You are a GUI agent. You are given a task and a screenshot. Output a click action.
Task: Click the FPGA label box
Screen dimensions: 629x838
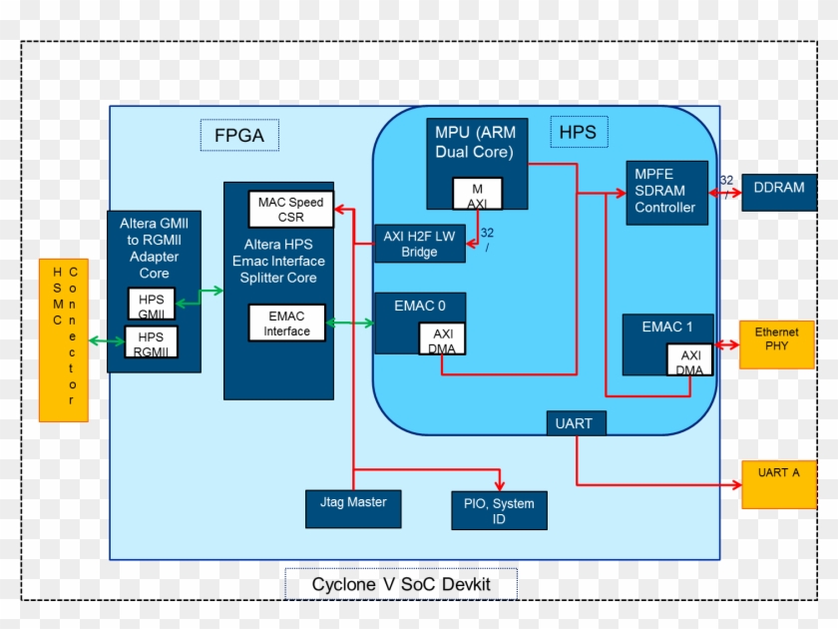coord(239,135)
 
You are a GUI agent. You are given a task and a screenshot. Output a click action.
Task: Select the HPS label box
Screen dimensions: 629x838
coord(579,132)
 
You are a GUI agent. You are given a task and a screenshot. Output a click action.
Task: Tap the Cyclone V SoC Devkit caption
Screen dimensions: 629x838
coord(401,584)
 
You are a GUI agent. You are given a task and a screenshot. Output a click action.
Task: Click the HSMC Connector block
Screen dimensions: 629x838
coord(64,339)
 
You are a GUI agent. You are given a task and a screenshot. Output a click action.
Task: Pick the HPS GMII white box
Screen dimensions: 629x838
coord(151,304)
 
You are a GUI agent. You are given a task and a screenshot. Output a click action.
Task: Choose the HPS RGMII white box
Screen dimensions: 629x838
coord(151,341)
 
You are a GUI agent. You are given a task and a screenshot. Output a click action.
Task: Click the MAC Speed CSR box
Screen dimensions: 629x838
coord(290,209)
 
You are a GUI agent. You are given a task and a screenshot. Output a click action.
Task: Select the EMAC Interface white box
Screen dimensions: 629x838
coord(286,322)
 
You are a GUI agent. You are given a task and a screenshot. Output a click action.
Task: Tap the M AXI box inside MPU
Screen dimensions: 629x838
coord(477,194)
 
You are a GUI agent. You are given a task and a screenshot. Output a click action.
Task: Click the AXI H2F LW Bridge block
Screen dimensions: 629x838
coord(420,244)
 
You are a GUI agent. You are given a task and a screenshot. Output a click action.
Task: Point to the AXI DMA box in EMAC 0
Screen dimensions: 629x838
coord(441,340)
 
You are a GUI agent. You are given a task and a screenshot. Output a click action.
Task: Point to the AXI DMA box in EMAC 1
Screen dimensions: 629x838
coord(690,360)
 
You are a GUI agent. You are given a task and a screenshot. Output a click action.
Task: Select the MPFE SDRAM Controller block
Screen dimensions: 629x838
coord(666,192)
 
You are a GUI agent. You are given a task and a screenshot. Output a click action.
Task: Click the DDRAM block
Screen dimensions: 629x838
coord(779,189)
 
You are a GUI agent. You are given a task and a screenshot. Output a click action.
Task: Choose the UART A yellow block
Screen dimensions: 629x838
coord(778,484)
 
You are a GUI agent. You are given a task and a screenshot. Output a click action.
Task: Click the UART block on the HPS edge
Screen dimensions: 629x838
coord(576,423)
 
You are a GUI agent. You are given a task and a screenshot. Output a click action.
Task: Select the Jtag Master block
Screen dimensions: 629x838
coord(353,508)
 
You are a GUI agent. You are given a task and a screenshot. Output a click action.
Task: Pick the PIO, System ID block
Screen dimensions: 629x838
coord(499,510)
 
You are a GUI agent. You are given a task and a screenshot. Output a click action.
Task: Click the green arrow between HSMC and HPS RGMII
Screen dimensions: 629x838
coord(107,341)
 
